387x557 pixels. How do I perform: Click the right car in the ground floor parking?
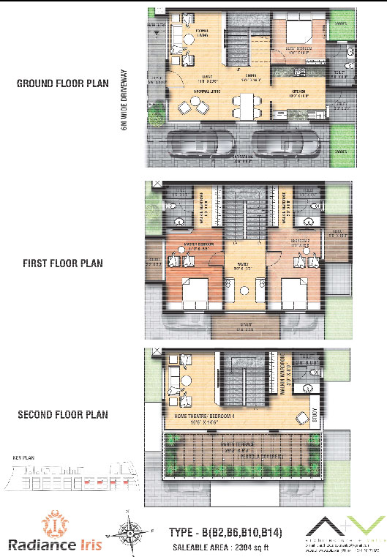(x=286, y=143)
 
